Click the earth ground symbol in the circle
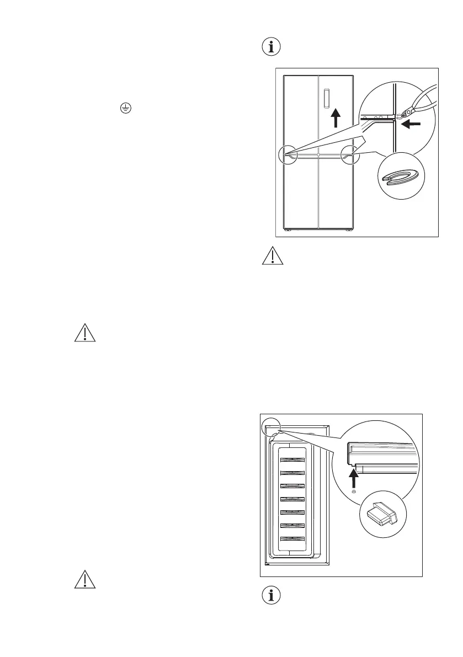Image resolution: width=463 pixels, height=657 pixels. point(125,109)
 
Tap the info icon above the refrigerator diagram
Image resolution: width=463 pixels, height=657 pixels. point(270,47)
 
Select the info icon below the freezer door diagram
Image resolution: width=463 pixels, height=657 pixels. point(270,596)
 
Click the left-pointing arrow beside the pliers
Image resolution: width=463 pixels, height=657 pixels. point(411,125)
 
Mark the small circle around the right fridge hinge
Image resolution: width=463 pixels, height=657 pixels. point(350,156)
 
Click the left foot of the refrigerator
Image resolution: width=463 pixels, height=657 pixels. point(286,230)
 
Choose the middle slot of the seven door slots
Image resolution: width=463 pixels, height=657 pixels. point(292,499)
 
